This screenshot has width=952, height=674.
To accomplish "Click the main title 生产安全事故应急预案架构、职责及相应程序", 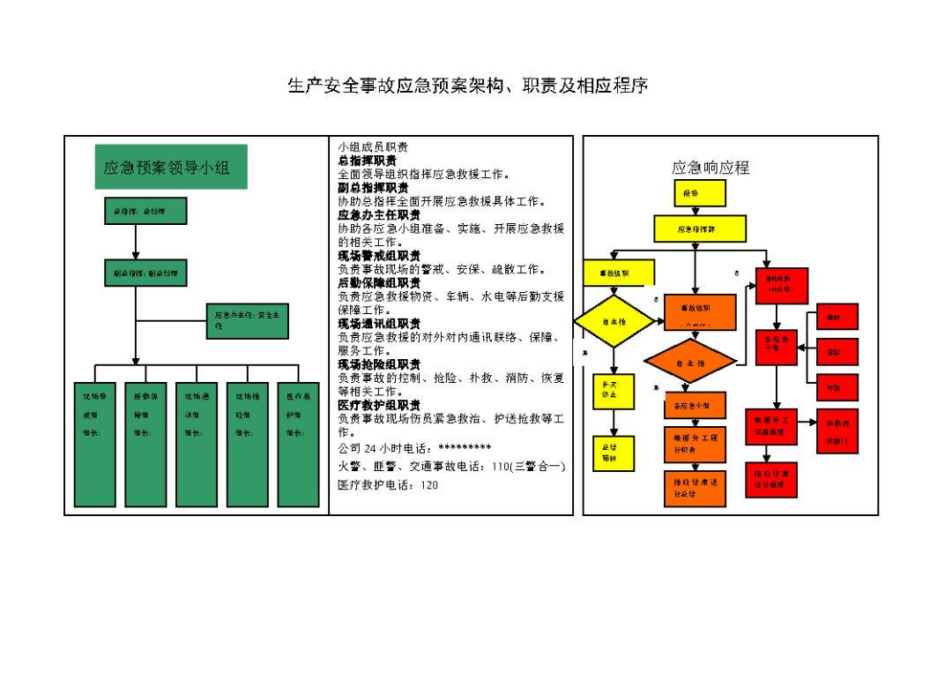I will click(468, 86).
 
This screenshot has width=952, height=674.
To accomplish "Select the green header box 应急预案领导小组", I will click(171, 167).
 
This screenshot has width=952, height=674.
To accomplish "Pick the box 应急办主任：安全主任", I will click(248, 320).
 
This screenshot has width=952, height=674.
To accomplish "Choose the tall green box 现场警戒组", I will click(95, 444).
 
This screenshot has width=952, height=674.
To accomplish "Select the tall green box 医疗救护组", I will click(297, 444).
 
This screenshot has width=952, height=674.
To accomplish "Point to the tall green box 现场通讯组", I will click(197, 444).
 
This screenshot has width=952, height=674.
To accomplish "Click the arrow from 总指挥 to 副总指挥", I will click(136, 242).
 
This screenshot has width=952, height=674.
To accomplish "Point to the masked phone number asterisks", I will click(465, 448).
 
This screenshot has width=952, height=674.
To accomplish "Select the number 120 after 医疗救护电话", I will click(429, 485).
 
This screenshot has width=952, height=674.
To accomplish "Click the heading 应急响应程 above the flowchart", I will click(710, 168).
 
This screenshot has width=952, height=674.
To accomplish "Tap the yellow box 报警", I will click(700, 193).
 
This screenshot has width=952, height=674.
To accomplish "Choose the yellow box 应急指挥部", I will click(700, 228).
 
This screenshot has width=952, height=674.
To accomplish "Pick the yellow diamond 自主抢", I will click(614, 322).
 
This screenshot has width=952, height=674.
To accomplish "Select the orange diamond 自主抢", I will click(690, 362).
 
